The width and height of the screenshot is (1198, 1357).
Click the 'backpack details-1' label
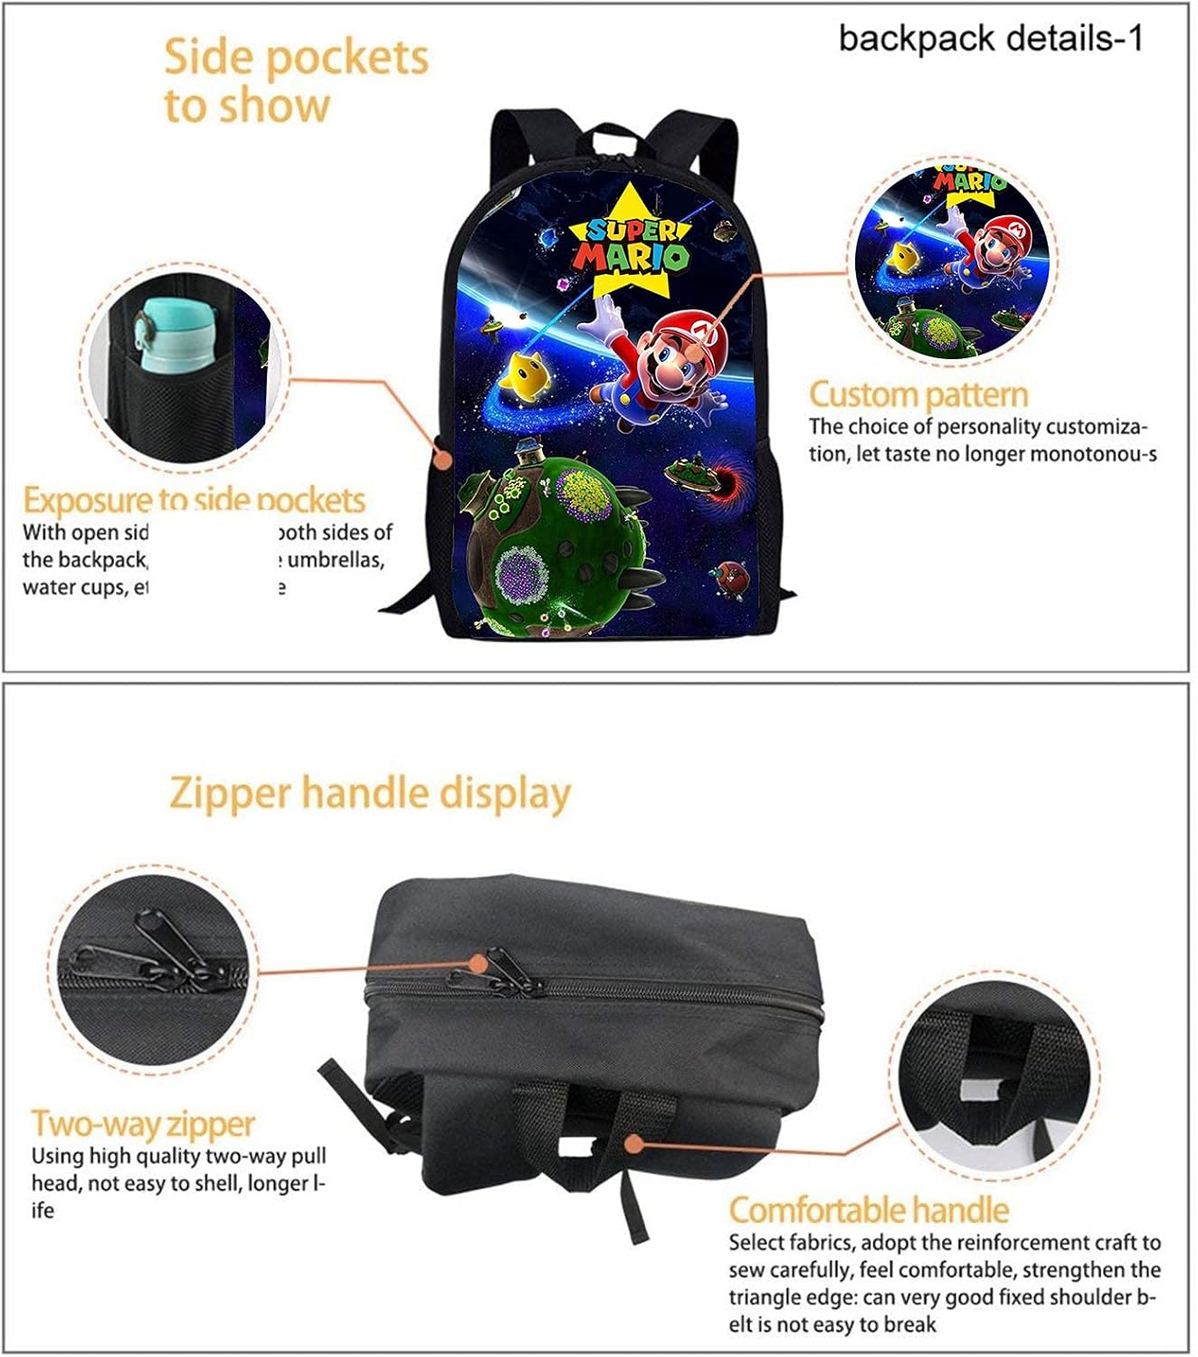coord(991,38)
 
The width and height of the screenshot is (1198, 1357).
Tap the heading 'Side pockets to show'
coord(295,81)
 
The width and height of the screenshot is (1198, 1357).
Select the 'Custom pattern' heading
coord(918,394)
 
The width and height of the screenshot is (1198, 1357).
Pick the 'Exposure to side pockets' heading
coord(194,500)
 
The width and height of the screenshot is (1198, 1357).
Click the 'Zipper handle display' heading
coord(370,793)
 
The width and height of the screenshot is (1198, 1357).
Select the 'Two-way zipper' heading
coord(143,1124)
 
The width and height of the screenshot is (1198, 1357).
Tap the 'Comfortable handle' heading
coord(868,1210)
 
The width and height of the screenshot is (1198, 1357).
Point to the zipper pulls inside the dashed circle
coord(163,954)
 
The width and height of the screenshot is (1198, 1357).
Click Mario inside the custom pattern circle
coord(986,244)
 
